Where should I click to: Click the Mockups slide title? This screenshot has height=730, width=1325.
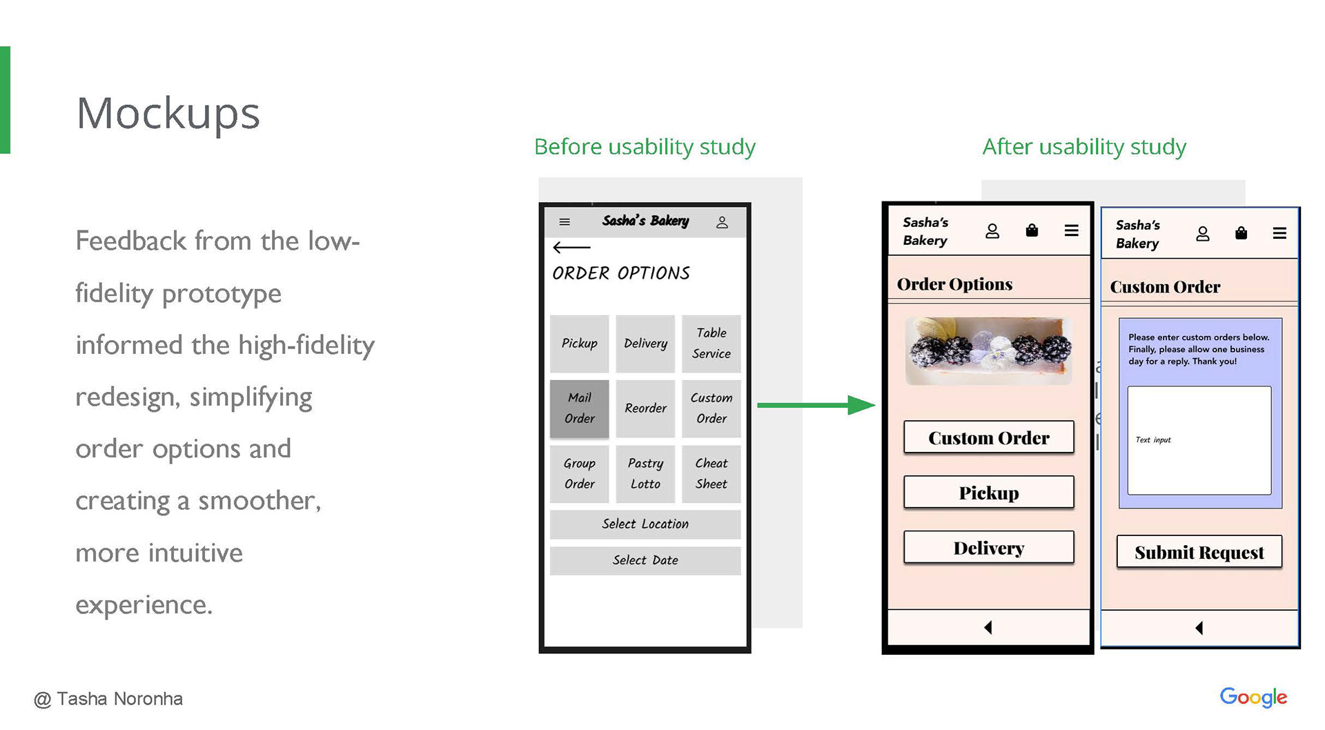tap(168, 113)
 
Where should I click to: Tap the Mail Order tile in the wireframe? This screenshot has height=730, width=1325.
tap(579, 408)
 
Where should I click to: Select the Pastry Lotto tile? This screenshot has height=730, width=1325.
tap(645, 473)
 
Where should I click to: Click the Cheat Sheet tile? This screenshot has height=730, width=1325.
tap(711, 473)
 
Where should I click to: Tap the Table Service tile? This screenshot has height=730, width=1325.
tap(711, 343)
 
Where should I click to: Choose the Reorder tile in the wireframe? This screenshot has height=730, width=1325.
tap(645, 408)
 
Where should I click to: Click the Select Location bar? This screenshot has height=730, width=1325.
tap(645, 524)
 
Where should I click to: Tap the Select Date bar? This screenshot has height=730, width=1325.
tap(645, 560)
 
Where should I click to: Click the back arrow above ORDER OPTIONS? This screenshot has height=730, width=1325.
tap(571, 247)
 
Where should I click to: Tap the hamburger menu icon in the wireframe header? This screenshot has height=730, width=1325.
tap(565, 222)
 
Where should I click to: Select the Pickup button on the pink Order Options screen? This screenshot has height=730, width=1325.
tap(988, 493)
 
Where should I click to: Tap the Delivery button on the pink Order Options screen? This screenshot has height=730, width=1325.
tap(988, 548)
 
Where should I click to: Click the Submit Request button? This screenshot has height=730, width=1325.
tap(1199, 552)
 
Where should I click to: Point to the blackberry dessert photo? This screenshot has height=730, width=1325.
tap(988, 351)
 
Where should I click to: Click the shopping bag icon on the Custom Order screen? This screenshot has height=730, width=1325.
tap(1241, 233)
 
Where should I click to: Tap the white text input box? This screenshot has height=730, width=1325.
tap(1199, 440)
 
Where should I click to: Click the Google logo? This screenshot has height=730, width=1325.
tap(1253, 698)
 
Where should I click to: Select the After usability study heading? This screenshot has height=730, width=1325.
tap(1083, 146)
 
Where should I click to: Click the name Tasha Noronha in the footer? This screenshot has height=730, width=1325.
tap(119, 699)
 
